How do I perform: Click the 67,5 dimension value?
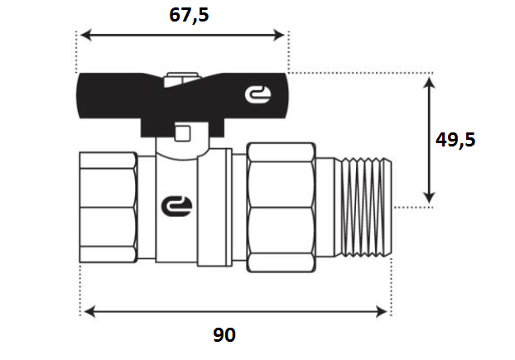tap(189, 16)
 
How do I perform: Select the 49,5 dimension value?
tap(455, 140)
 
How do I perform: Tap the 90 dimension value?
tap(224, 334)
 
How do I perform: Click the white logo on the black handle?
tap(257, 94)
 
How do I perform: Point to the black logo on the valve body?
tap(176, 206)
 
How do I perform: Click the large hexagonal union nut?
tap(282, 208)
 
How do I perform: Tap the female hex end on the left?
tap(108, 208)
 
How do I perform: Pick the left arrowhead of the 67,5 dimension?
tap(86, 35)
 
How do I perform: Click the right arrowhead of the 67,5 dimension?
tap(279, 35)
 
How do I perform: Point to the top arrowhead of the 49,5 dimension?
tap(429, 83)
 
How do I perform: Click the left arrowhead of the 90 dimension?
tap(89, 311)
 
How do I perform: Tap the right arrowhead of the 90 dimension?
tap(382, 311)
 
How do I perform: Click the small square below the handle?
tap(182, 133)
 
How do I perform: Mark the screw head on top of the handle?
tap(181, 79)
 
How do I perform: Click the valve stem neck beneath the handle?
tap(183, 147)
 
